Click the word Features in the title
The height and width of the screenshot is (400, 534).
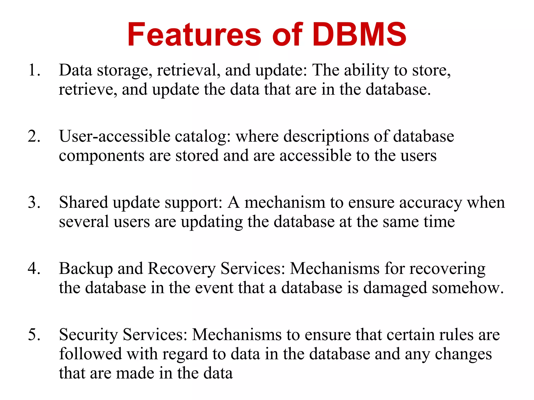click(x=194, y=35)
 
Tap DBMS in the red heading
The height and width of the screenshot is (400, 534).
click(x=359, y=35)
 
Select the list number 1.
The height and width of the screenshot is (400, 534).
click(x=34, y=70)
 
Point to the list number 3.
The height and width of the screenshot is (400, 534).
click(x=34, y=202)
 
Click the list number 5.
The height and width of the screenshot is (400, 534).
click(x=34, y=335)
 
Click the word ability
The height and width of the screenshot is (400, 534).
click(x=367, y=71)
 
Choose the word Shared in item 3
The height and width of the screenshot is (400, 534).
click(x=83, y=203)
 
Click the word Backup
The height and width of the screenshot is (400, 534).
click(x=86, y=269)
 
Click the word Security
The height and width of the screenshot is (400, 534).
click(x=88, y=335)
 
